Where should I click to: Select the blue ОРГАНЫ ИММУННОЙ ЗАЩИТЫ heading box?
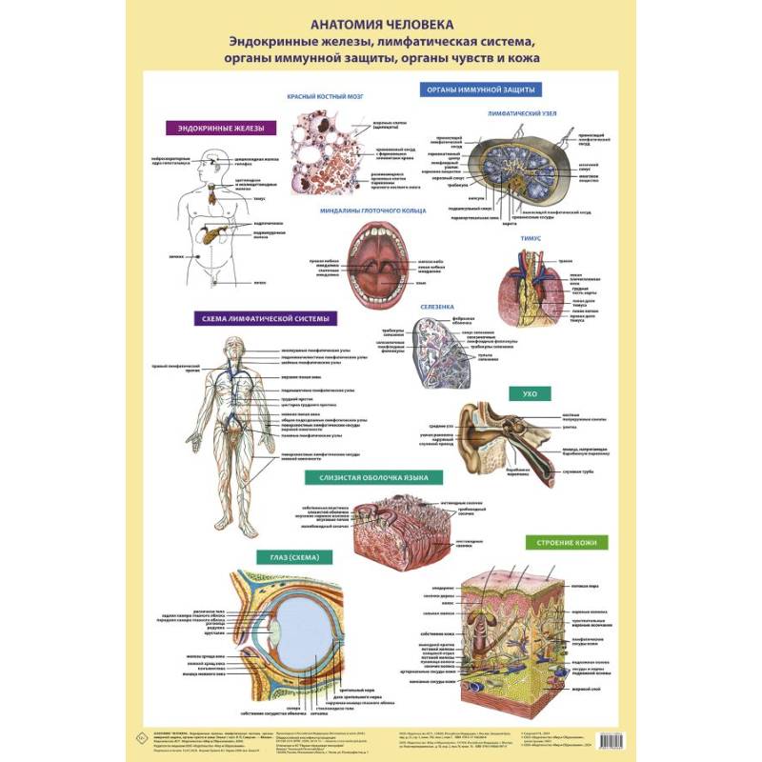(x=482, y=90)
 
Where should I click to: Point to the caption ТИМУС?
(x=531, y=238)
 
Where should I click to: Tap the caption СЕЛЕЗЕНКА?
(x=438, y=307)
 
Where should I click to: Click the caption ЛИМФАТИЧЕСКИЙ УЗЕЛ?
(x=515, y=111)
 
